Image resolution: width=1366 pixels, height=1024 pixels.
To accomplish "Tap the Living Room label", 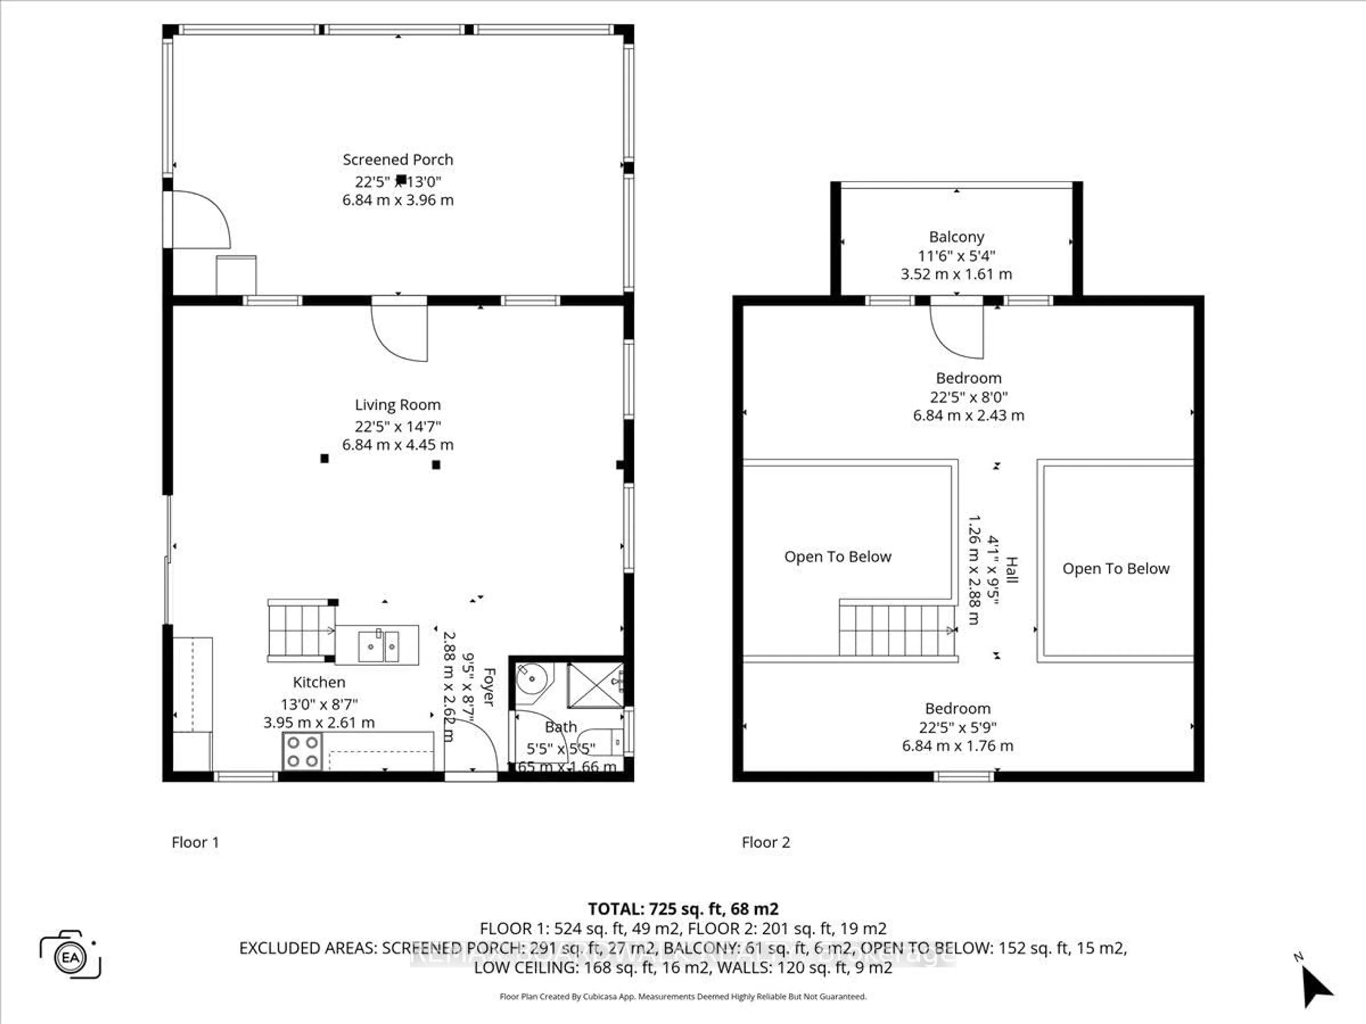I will [x=398, y=405].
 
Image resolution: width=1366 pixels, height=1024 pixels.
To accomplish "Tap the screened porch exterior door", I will [x=199, y=219].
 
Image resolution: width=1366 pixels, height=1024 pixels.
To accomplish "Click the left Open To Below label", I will [x=837, y=557].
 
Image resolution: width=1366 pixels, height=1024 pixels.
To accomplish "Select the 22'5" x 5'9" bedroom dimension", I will [x=957, y=727].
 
